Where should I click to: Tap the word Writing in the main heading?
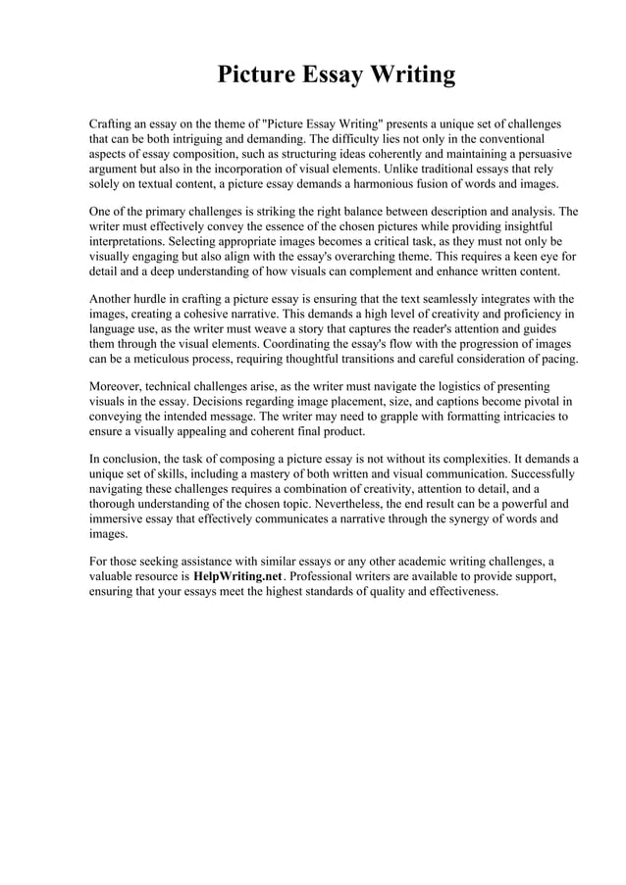(410, 75)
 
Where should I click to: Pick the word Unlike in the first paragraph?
(390, 169)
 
